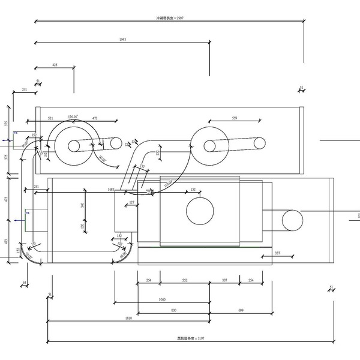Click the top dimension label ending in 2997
(169, 18)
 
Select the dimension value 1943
(122, 40)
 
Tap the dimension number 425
(55, 64)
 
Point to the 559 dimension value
(234, 118)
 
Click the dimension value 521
(50, 118)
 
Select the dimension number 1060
(162, 299)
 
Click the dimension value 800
(173, 310)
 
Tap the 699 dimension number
(240, 310)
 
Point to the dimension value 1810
(128, 318)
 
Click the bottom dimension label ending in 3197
(191, 339)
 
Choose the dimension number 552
(185, 280)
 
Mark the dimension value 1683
(111, 189)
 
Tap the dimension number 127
(132, 202)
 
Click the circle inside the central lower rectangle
(200, 212)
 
